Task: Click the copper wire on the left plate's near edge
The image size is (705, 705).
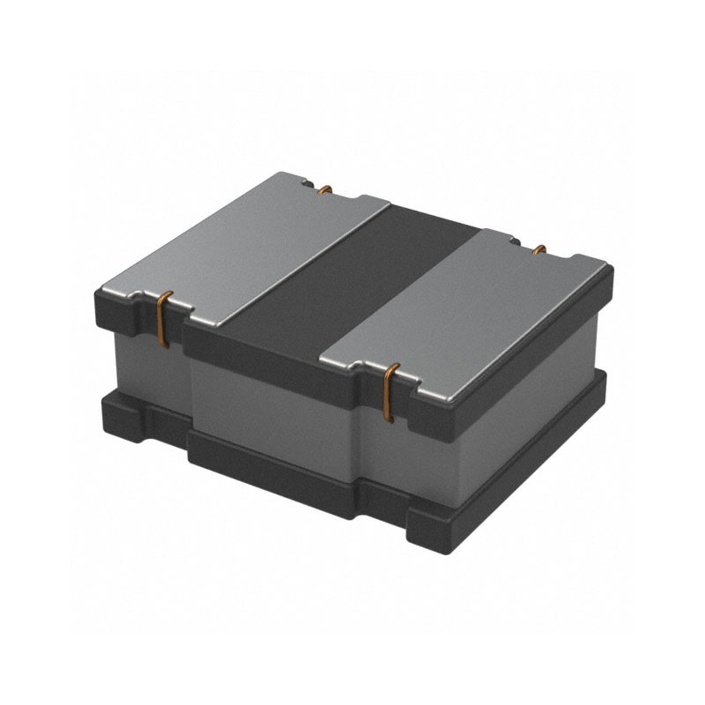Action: click(x=161, y=316)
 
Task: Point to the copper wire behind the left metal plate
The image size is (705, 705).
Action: click(x=324, y=189)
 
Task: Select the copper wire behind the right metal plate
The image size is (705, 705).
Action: click(x=539, y=249)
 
